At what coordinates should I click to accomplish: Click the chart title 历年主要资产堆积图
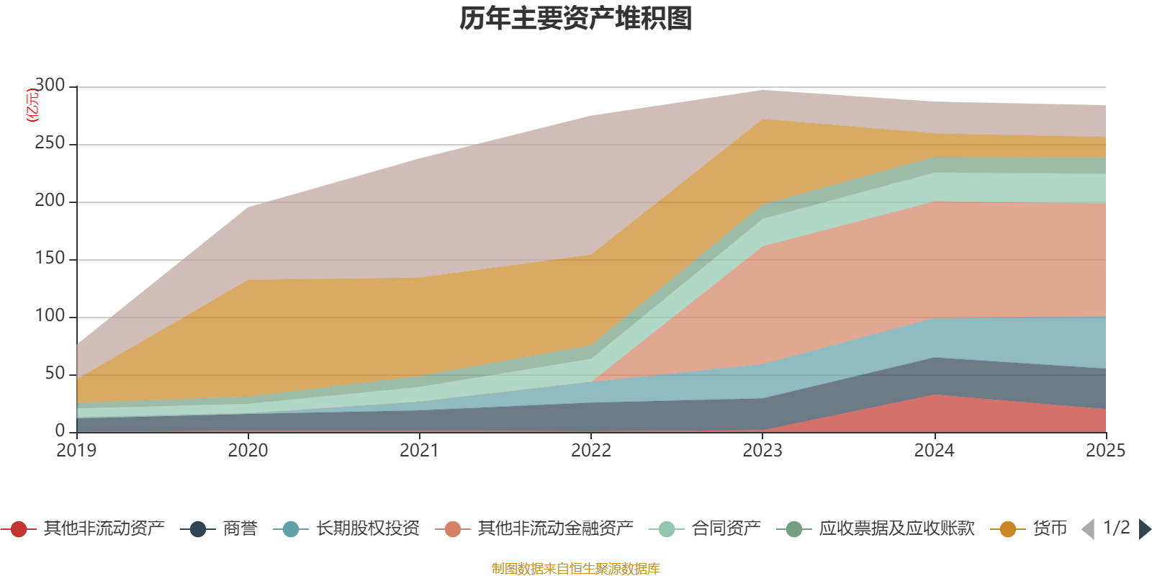click(x=575, y=19)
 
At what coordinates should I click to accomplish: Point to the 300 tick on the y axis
click(x=50, y=85)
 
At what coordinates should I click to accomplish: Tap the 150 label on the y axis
click(x=50, y=258)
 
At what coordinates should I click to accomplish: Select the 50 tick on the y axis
click(x=55, y=373)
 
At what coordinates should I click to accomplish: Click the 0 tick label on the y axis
click(x=60, y=431)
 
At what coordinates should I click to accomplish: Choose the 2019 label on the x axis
click(x=76, y=451)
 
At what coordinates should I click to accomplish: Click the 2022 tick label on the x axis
click(x=591, y=451)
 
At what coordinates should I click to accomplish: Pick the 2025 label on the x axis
click(x=1106, y=451)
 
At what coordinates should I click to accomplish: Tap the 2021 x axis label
click(x=420, y=451)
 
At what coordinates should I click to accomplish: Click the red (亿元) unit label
click(x=32, y=105)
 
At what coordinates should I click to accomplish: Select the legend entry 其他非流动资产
click(x=83, y=528)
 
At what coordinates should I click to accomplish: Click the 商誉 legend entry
click(x=219, y=528)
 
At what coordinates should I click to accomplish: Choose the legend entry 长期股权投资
click(x=346, y=528)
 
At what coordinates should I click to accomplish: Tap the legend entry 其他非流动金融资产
click(x=534, y=528)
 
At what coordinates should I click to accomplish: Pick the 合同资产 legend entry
click(x=705, y=528)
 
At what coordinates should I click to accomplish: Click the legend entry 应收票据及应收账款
click(x=876, y=528)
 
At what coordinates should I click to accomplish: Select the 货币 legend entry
click(x=1029, y=528)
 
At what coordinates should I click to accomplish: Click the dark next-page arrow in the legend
click(x=1145, y=529)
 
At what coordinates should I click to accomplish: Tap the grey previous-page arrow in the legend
click(x=1088, y=529)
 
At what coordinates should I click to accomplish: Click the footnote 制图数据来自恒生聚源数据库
click(x=575, y=568)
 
